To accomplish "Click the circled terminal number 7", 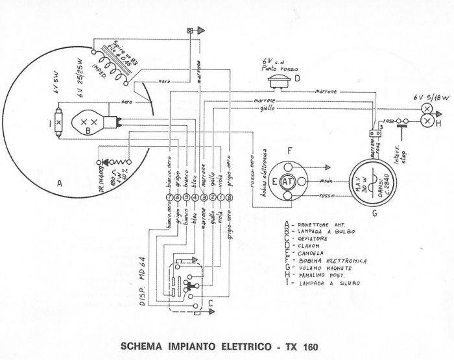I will (x=170, y=197).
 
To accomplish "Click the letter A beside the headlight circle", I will (x=60, y=184).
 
